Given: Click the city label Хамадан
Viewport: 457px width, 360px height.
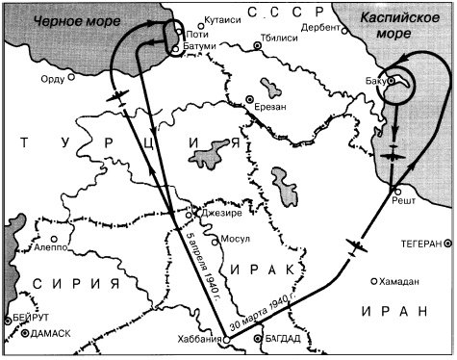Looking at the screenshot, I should click(400, 282).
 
